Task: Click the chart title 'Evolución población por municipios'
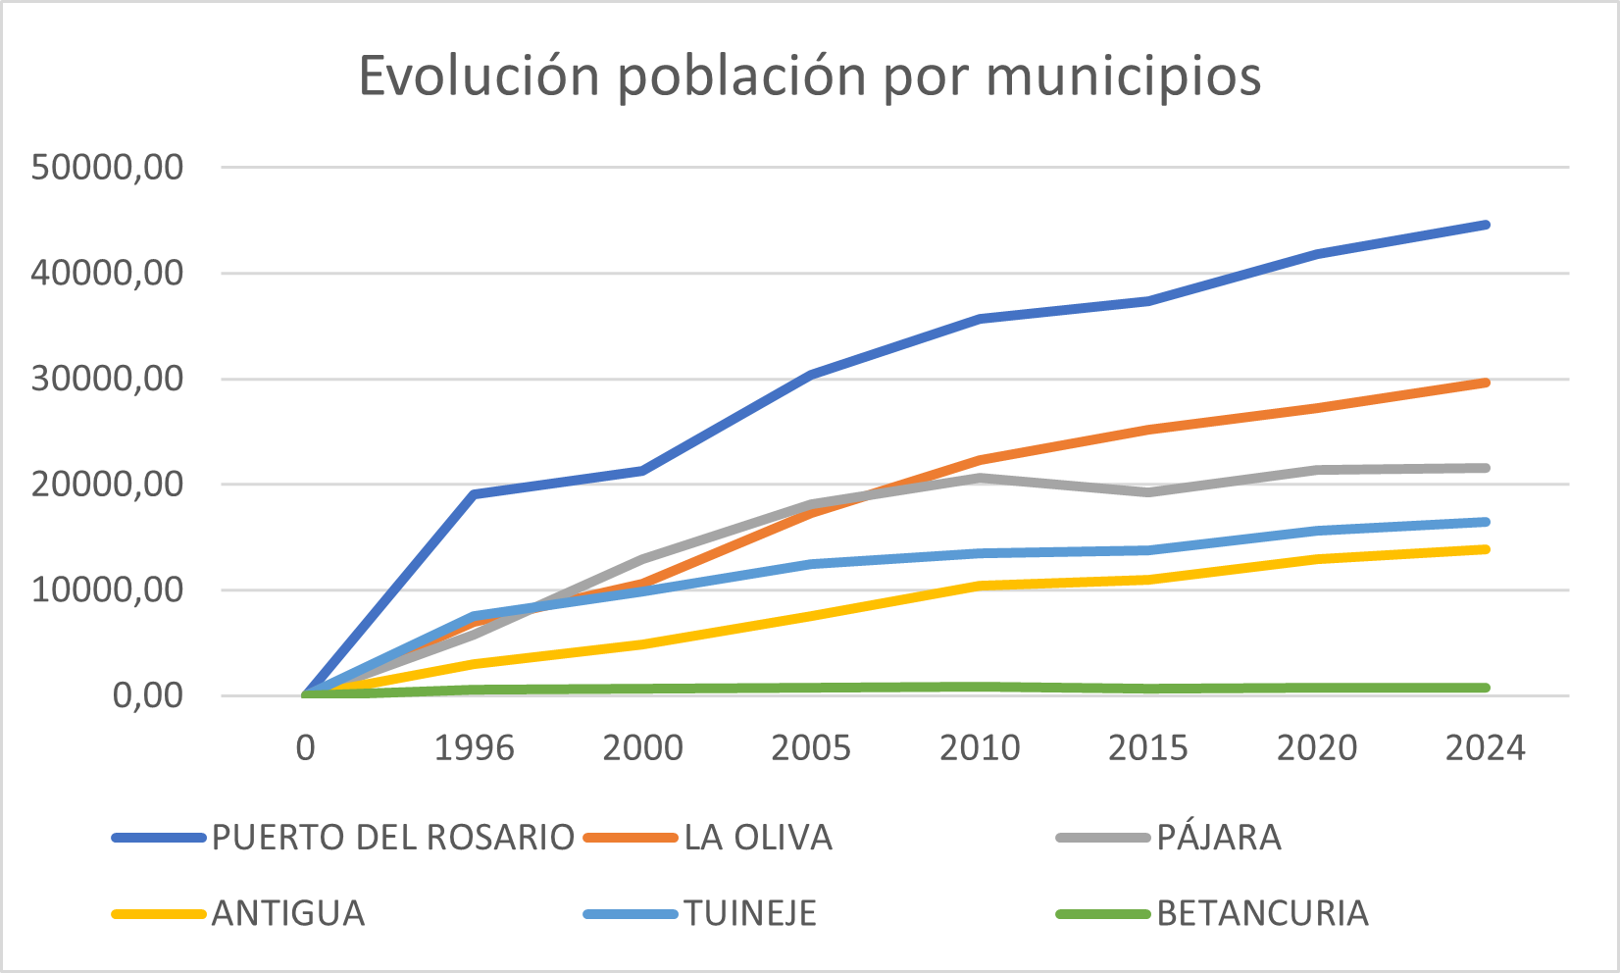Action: click(x=810, y=77)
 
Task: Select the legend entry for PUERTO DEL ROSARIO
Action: click(x=392, y=838)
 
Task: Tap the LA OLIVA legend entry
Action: click(x=758, y=838)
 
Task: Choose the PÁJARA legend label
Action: click(x=1219, y=838)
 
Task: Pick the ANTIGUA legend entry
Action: click(x=288, y=913)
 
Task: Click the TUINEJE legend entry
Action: click(x=750, y=913)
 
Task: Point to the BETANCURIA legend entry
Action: click(x=1262, y=913)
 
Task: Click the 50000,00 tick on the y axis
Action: click(x=108, y=168)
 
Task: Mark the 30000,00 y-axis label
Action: click(x=108, y=379)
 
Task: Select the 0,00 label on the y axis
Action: click(x=148, y=695)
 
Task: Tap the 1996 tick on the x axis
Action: click(x=475, y=748)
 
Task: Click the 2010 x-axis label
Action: click(x=980, y=748)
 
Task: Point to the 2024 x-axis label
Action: click(x=1486, y=748)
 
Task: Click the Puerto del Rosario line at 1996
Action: click(x=475, y=493)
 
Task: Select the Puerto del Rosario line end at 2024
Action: click(x=1486, y=225)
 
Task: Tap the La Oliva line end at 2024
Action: click(x=1486, y=383)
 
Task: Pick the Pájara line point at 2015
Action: click(x=1148, y=491)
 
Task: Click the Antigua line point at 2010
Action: click(x=980, y=586)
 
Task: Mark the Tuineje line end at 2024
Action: click(x=1486, y=522)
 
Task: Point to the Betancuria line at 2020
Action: click(x=1317, y=688)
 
